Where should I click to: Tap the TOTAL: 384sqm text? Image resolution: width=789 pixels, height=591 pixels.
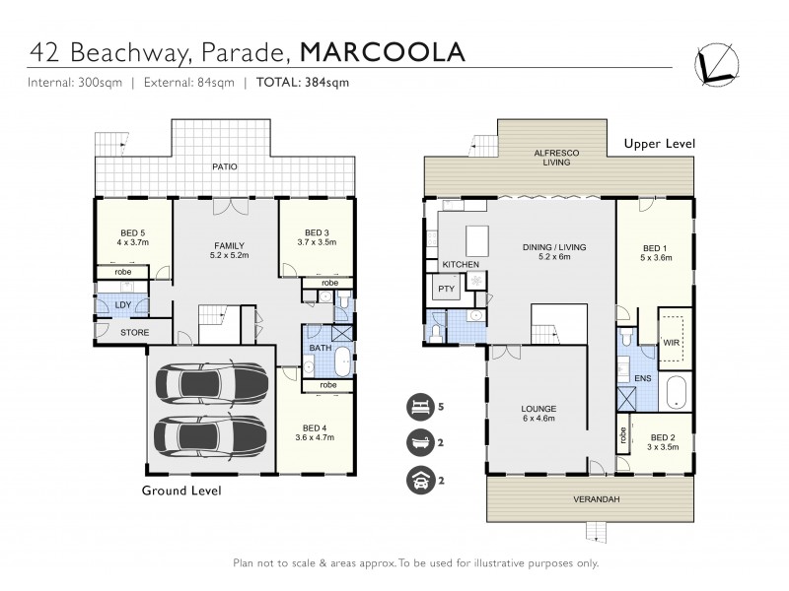[303, 83]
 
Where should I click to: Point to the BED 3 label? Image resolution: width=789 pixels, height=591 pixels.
[316, 233]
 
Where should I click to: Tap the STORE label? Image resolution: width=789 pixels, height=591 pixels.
[134, 333]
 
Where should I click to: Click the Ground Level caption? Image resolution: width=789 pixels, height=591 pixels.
[180, 490]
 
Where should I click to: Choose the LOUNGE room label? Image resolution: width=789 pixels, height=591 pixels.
[539, 408]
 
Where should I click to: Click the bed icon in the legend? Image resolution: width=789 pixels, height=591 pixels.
[417, 406]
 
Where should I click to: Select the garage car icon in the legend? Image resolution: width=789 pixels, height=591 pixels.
[417, 480]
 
